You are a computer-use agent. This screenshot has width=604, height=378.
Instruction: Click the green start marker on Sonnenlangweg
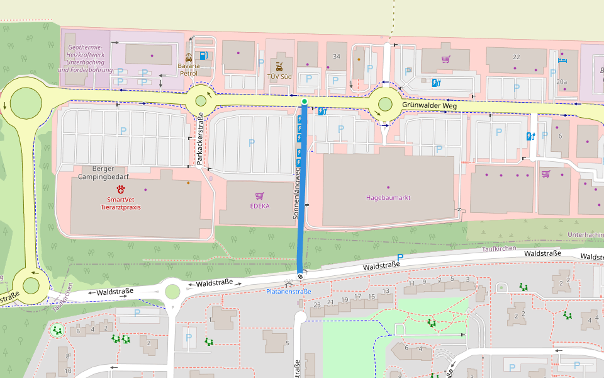click(x=305, y=101)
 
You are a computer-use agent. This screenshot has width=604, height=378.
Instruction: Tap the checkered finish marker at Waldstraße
click(x=300, y=275)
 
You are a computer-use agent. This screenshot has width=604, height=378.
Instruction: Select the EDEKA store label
click(x=259, y=205)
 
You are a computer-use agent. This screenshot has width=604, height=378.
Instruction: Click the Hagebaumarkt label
click(x=388, y=197)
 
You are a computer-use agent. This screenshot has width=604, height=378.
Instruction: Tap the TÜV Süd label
click(x=279, y=76)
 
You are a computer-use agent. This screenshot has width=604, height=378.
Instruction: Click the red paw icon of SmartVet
click(x=120, y=189)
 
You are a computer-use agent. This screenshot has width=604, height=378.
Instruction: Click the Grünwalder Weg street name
click(x=429, y=106)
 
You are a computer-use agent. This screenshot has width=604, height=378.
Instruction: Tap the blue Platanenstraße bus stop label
click(x=288, y=292)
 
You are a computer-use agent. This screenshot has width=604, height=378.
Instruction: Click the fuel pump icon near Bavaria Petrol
click(x=203, y=56)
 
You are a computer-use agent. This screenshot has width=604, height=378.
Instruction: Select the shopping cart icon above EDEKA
click(x=259, y=196)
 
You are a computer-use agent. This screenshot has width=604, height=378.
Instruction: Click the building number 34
click(x=337, y=57)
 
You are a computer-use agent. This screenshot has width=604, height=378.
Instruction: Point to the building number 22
click(x=517, y=57)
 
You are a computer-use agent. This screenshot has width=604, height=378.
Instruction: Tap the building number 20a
click(x=561, y=82)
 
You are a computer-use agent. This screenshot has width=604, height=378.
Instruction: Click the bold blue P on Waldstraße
click(x=400, y=258)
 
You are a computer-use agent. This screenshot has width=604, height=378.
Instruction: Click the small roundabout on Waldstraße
click(x=172, y=291)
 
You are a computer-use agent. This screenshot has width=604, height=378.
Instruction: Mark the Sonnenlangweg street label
click(x=295, y=189)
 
